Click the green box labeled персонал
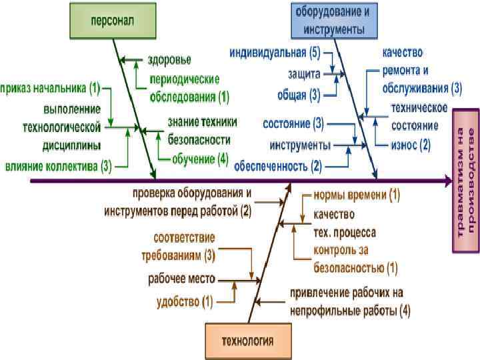pos(112,20)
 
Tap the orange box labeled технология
pos(247,341)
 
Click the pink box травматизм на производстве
pos(465,180)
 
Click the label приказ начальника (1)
pos(50,87)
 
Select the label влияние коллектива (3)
pos(58,166)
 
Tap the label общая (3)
pos(299,94)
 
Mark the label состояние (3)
pos(293,124)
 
